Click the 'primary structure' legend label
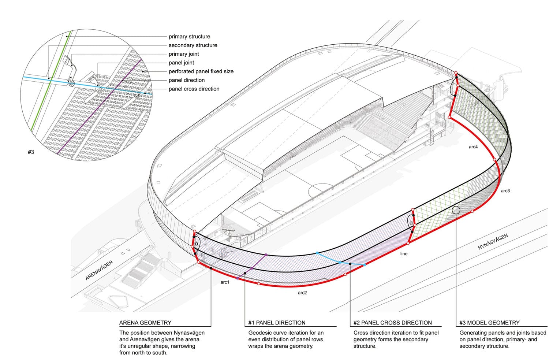(189, 37)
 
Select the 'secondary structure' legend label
(193, 45)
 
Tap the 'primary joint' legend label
(184, 54)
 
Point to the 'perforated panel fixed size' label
(201, 71)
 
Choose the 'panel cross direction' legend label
(194, 89)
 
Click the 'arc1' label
(225, 282)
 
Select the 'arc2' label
(302, 293)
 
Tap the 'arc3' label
(505, 190)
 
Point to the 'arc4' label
(473, 147)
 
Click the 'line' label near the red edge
(404, 253)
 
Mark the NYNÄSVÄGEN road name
(493, 242)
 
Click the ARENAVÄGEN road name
(99, 270)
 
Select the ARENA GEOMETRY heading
(145, 323)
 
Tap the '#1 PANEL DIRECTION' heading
(277, 323)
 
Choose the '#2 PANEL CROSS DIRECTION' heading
(392, 323)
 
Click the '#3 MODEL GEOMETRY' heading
(489, 323)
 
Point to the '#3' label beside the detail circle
(31, 152)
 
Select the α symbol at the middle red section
(411, 223)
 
